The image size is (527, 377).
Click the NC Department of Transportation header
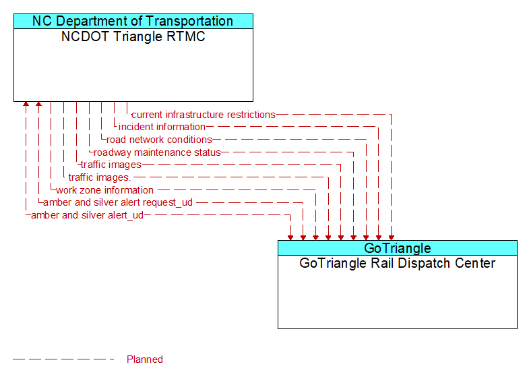(133, 21)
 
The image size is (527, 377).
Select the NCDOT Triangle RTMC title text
(133, 37)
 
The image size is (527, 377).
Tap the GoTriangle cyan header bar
(398, 248)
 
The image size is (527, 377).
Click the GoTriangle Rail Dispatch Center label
(398, 264)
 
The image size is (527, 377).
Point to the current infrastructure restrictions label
(204, 115)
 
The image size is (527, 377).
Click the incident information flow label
(162, 127)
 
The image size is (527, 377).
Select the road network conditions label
(159, 140)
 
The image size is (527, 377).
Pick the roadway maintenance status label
(157, 152)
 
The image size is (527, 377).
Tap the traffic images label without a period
(111, 165)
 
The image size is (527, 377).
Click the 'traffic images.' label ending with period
(99, 177)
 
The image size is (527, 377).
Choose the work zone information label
(104, 190)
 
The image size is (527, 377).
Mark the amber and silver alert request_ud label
(118, 202)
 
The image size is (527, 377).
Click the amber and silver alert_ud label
(87, 215)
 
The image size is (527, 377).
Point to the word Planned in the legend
(145, 359)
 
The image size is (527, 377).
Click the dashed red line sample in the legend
(64, 359)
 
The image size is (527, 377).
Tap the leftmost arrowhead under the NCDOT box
(26, 105)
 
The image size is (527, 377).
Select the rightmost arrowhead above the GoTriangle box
(391, 236)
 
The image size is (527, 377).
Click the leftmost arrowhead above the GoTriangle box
(290, 236)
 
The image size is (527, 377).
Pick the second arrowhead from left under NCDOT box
(38, 105)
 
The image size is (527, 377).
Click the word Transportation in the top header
(190, 21)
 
